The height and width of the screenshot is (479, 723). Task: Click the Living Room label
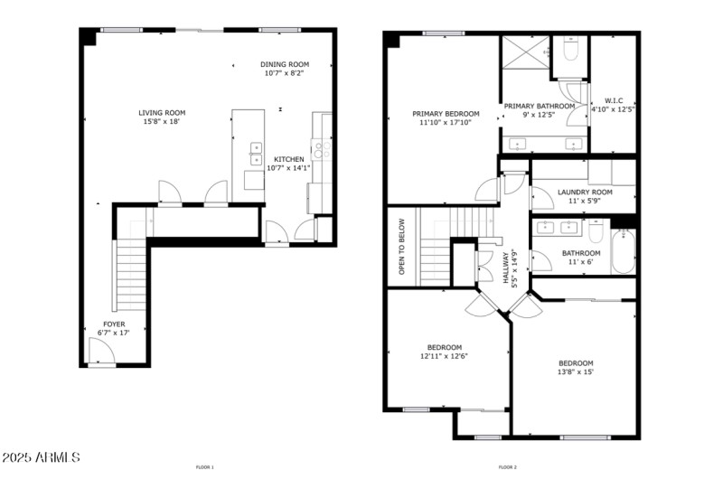point(162,113)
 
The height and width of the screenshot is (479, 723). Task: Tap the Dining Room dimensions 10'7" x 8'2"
point(285,74)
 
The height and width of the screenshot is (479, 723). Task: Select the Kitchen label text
point(288,159)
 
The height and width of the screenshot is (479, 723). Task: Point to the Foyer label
point(114,324)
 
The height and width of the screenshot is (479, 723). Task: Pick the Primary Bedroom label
point(446,114)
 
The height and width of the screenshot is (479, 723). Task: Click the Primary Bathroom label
point(540,106)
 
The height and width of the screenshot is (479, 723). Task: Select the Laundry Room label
point(585,192)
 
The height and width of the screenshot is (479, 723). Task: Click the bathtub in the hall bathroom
point(624,251)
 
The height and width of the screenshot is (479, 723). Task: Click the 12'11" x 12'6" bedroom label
point(444,347)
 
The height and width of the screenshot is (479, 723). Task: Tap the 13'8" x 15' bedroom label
point(575,363)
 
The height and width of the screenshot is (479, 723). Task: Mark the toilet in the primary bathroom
point(569,50)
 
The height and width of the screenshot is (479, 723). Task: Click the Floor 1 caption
point(205,467)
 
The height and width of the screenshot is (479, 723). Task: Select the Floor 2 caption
point(508,467)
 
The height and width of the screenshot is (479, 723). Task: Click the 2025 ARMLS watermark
point(42,457)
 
